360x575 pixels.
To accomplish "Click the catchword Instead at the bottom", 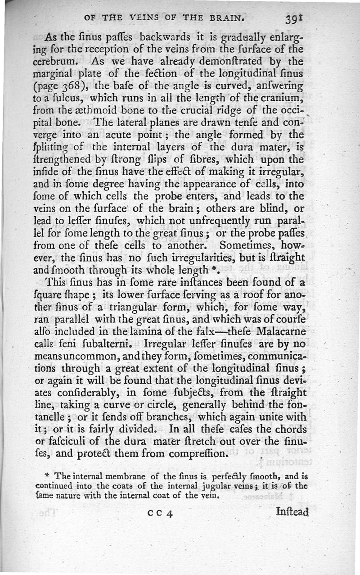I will coord(292,512).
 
